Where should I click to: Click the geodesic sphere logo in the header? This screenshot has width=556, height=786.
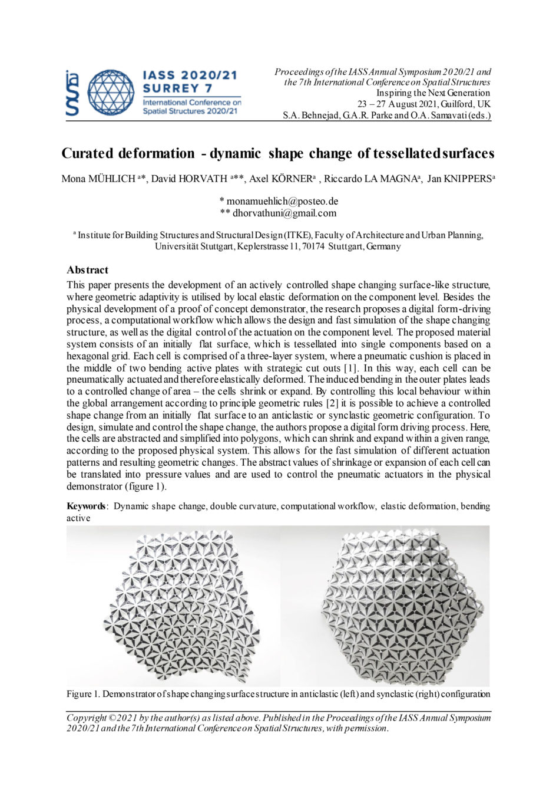[x=111, y=93]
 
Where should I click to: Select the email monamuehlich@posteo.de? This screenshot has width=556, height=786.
[x=282, y=201]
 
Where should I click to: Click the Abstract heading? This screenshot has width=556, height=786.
[x=87, y=270]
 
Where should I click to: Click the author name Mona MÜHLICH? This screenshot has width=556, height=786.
[x=98, y=179]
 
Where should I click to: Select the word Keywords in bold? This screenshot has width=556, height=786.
[x=86, y=506]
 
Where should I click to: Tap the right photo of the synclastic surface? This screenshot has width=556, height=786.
[x=403, y=607]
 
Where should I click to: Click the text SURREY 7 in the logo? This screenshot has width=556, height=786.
[x=174, y=88]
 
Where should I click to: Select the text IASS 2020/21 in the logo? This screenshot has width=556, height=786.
[x=190, y=75]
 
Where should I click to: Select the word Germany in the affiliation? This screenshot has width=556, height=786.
[x=383, y=246]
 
